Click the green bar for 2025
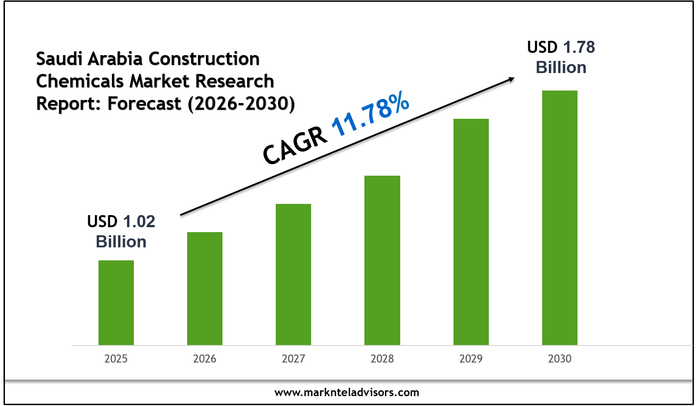[x=116, y=302]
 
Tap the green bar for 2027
[x=293, y=274]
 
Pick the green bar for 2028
[x=382, y=260]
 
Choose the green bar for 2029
[x=471, y=232]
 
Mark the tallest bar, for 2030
[x=560, y=217]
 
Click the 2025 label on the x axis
[x=116, y=359]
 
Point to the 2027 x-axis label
[x=293, y=359]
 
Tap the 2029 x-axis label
[x=471, y=359]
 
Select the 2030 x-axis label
[x=560, y=359]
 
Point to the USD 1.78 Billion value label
[x=561, y=57]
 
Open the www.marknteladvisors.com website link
[x=347, y=393]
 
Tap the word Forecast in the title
[x=144, y=104]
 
